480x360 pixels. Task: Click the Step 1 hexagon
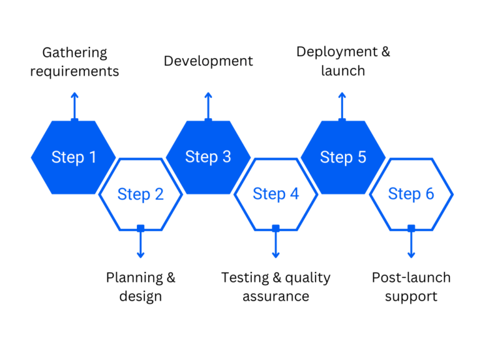point(74,157)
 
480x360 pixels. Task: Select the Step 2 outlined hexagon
point(141,194)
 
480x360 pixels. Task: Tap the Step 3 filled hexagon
point(208,157)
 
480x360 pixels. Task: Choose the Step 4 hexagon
point(276,194)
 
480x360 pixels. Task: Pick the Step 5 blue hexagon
point(343,157)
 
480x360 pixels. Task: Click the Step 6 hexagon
point(411,194)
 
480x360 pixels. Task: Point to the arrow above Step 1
point(74,106)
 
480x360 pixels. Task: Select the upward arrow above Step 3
point(208,106)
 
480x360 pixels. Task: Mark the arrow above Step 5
point(342,106)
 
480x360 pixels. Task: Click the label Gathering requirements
point(74,62)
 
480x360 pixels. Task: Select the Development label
point(208,61)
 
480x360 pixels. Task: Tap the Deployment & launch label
point(342,61)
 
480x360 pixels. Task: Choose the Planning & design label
point(141,286)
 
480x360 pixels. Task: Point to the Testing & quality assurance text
point(276,286)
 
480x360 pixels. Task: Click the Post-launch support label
point(411,286)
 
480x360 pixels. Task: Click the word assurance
point(276,296)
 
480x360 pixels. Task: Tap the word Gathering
point(74,52)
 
